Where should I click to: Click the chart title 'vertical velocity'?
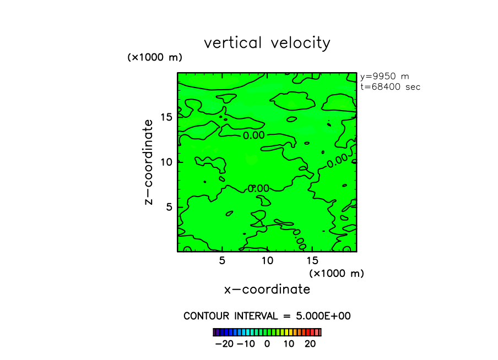tap(267, 43)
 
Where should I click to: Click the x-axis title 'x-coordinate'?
tap(267, 289)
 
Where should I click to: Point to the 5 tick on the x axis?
tap(222, 260)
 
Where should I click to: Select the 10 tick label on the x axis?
tap(267, 260)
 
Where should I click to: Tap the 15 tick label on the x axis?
tap(312, 260)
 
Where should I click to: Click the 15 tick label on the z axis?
tap(167, 117)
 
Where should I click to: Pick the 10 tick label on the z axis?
tap(167, 162)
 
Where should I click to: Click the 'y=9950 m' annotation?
tap(384, 77)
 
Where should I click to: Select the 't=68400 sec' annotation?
tap(390, 87)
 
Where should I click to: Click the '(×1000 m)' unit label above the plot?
tap(154, 57)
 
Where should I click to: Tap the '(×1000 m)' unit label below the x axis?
tap(336, 273)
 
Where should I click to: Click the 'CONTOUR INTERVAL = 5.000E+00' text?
tap(267, 316)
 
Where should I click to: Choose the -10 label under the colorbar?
tap(246, 343)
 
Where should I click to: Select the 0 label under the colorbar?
tap(267, 343)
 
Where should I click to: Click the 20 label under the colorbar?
tap(310, 343)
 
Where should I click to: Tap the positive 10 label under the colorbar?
tap(289, 343)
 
